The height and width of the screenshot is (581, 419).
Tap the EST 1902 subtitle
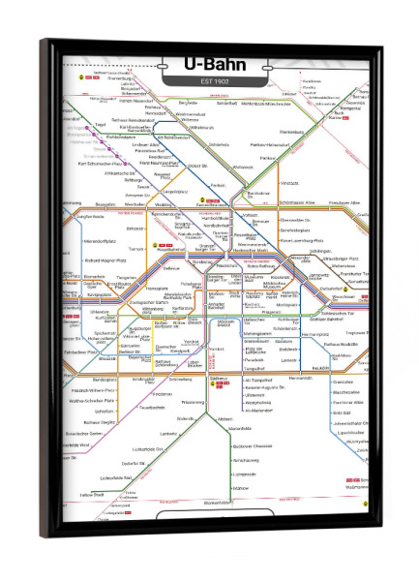pos(215,79)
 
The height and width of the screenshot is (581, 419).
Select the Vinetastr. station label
pos(288,182)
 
